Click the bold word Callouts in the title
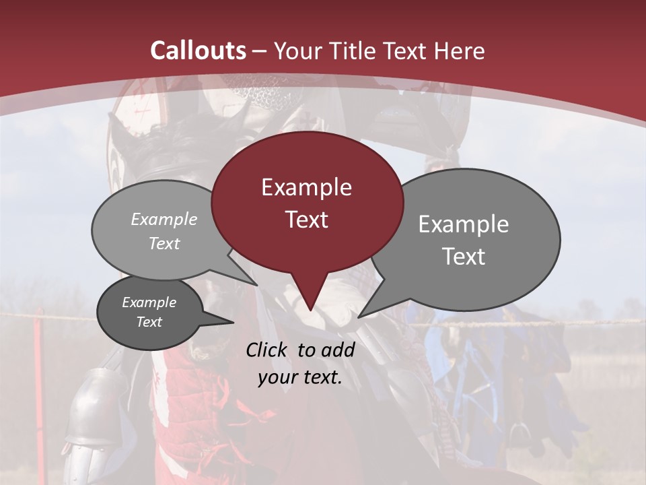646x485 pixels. click(198, 51)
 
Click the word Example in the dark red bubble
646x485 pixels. click(306, 187)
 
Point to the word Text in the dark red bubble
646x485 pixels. click(306, 220)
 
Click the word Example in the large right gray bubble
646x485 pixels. click(464, 224)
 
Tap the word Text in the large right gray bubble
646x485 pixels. click(464, 257)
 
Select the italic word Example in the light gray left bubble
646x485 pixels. click(164, 220)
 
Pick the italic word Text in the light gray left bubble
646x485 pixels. click(164, 244)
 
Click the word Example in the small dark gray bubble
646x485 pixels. click(149, 302)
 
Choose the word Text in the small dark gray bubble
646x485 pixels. click(149, 322)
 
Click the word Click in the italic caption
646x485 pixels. click(268, 350)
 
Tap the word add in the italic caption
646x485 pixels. click(338, 350)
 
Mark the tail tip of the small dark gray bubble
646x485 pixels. click(233, 323)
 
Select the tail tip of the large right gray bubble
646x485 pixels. click(359, 317)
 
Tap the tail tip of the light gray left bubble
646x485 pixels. click(258, 285)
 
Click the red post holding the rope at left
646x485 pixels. click(39, 344)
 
